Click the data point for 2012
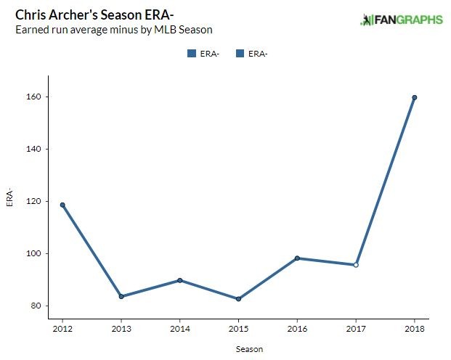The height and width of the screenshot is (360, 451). (x=62, y=205)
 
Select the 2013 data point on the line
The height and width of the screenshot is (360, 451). (x=121, y=296)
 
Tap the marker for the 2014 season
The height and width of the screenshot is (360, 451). (x=179, y=280)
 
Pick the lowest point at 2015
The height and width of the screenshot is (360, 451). (x=238, y=299)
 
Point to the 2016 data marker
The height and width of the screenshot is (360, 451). (x=297, y=258)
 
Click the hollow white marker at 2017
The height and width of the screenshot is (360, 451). (x=356, y=265)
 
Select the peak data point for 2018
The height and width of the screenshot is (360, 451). (x=414, y=97)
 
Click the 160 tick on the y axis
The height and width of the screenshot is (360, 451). (x=36, y=97)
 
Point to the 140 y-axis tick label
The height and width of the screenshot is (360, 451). (x=36, y=149)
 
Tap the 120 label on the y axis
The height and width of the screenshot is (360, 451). (x=36, y=201)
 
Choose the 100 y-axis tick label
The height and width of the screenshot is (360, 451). (x=36, y=253)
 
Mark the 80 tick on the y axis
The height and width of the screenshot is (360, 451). (x=38, y=306)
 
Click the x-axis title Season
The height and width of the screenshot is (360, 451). (x=249, y=349)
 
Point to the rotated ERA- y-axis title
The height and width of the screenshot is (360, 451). (x=10, y=197)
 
